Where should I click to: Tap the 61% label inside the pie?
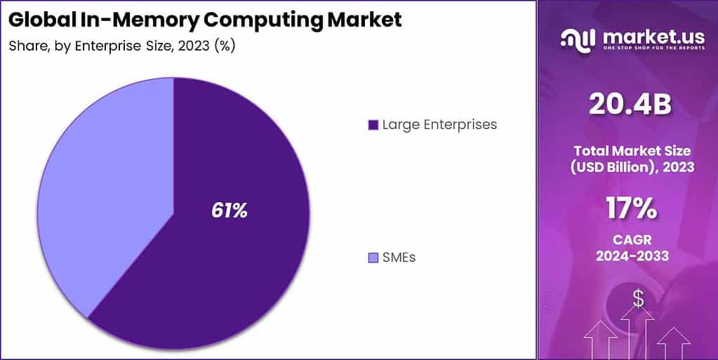tap(230, 211)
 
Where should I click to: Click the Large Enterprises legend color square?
tap(373, 125)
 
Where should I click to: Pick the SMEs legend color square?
tap(373, 258)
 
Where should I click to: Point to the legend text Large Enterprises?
tap(439, 125)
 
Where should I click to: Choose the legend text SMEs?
tap(399, 258)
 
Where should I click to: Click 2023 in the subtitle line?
tap(191, 46)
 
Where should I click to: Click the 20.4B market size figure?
tap(630, 105)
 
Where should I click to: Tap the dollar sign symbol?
tap(638, 299)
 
